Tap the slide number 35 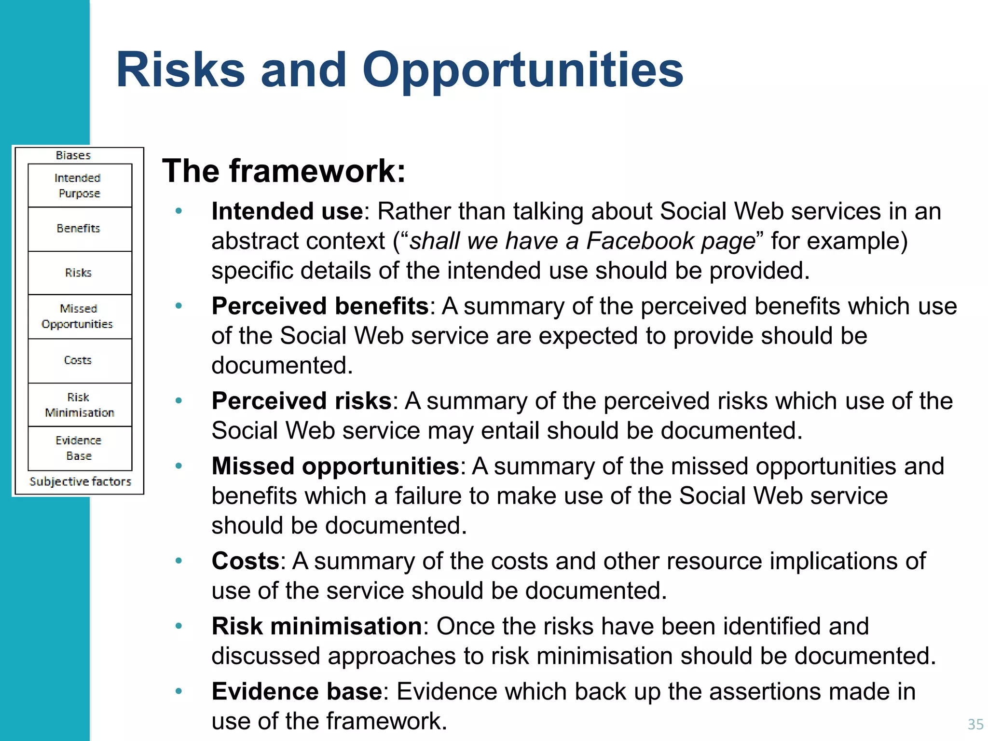tap(975, 724)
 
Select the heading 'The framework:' tap(284, 171)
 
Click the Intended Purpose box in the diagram tap(80, 186)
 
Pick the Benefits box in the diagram tap(80, 229)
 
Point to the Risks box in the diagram tap(80, 273)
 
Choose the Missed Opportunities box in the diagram tap(80, 316)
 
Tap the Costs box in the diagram tap(80, 360)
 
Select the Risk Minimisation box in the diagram tap(80, 405)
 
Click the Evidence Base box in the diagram tap(80, 448)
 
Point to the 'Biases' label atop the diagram tap(73, 155)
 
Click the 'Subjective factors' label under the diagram tap(80, 481)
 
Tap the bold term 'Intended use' tap(287, 211)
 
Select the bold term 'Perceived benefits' tap(320, 306)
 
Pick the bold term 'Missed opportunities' tap(335, 467)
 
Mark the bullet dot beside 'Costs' tap(179, 561)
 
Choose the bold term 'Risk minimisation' tap(317, 626)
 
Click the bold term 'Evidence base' tap(297, 691)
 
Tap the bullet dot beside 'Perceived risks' tap(179, 400)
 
